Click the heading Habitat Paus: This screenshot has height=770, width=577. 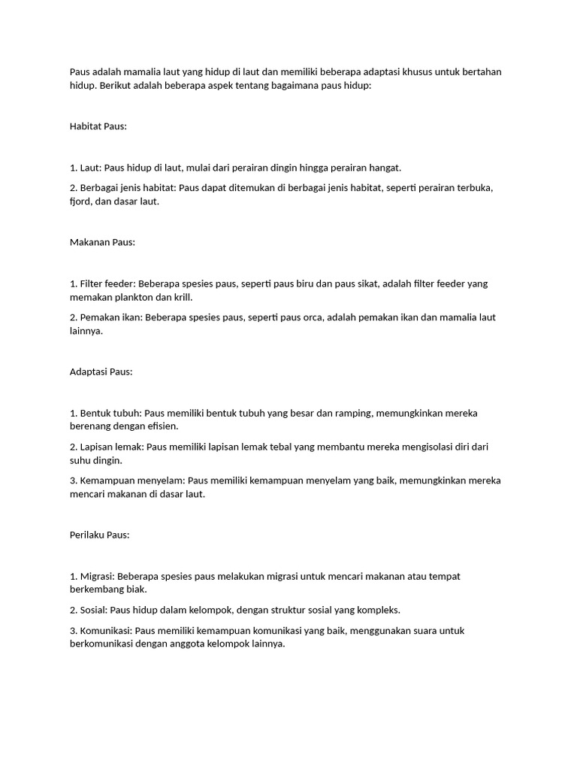98,126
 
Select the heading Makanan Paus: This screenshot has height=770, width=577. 102,242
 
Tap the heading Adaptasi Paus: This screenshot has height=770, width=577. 101,371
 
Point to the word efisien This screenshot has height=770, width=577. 163,426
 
